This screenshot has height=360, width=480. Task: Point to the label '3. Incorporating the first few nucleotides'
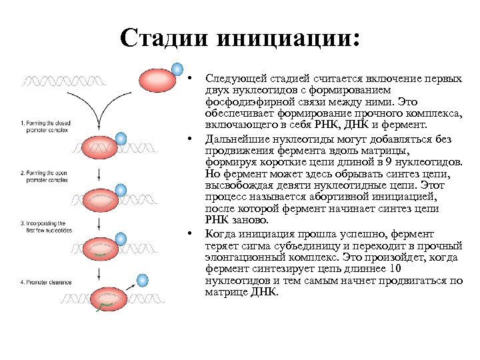pyautogui.click(x=45, y=225)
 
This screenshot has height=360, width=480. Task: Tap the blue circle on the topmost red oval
pyautogui.click(x=177, y=69)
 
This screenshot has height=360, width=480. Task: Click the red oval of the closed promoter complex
pyautogui.click(x=101, y=147)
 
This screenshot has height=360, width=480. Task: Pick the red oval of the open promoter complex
pyautogui.click(x=101, y=199)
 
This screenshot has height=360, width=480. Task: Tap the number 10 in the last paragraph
pyautogui.click(x=395, y=269)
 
